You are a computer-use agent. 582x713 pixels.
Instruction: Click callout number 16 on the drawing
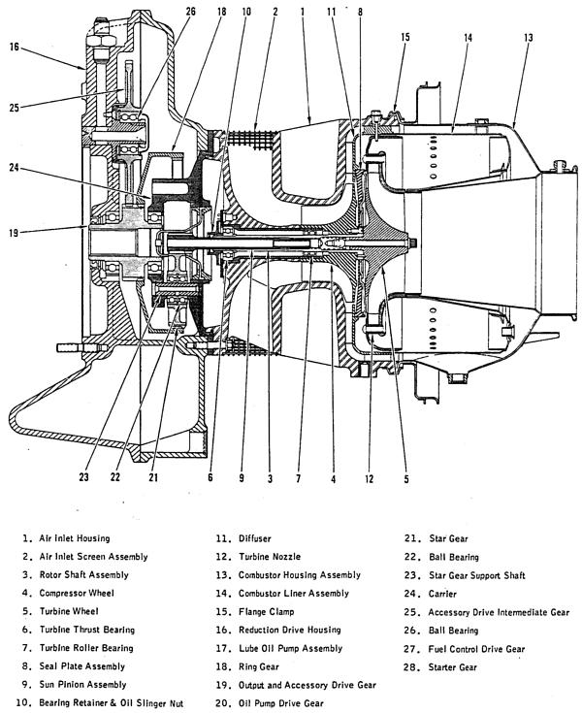click(x=14, y=45)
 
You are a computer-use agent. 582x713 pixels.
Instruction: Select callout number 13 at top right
click(x=528, y=37)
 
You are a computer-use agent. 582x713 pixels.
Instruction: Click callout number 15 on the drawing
click(x=404, y=37)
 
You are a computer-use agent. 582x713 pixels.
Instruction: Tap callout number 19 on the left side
click(x=14, y=231)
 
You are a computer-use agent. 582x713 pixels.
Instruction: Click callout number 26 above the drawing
click(x=190, y=11)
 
